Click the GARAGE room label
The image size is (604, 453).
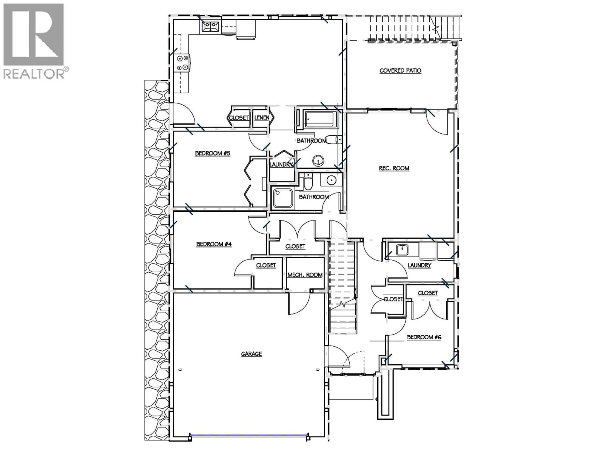click(251, 354)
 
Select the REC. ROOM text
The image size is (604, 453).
click(394, 168)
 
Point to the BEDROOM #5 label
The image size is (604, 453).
click(213, 154)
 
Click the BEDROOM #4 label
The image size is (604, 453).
click(214, 244)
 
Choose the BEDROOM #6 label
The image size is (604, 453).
click(424, 337)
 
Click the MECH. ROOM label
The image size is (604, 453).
click(305, 275)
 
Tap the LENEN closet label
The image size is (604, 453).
click(262, 118)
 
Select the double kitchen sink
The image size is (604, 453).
click(210, 26)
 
